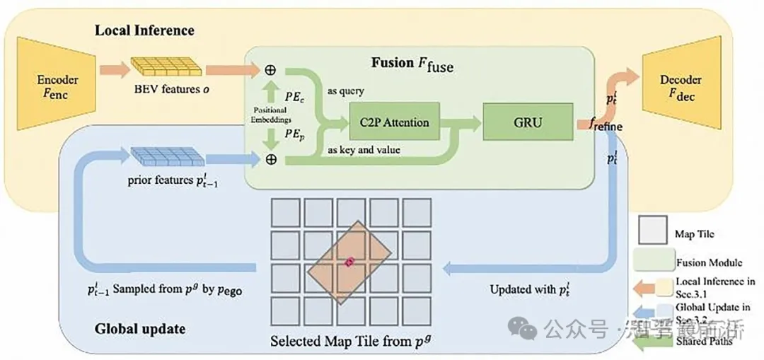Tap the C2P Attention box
pyautogui.click(x=394, y=122)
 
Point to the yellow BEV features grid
pyautogui.click(x=167, y=68)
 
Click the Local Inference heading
pyautogui.click(x=144, y=30)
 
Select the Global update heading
pyautogui.click(x=140, y=329)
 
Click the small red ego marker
pyautogui.click(x=349, y=262)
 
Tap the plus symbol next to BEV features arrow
pyautogui.click(x=270, y=71)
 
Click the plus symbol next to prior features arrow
pyautogui.click(x=270, y=160)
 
